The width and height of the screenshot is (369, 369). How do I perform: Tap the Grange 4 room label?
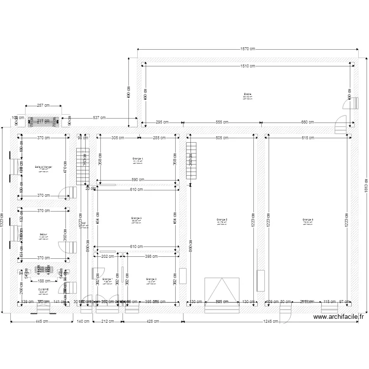137,158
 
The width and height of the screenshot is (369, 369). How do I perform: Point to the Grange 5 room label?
221,219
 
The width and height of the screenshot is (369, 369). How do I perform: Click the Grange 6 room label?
308,219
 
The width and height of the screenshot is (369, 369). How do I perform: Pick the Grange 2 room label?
151,279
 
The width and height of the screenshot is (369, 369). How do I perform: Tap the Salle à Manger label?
43,167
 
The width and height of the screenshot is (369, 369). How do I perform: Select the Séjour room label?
43,234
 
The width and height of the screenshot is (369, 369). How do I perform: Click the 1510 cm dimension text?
248,66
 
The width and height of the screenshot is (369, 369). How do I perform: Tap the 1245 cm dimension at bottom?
270,322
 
